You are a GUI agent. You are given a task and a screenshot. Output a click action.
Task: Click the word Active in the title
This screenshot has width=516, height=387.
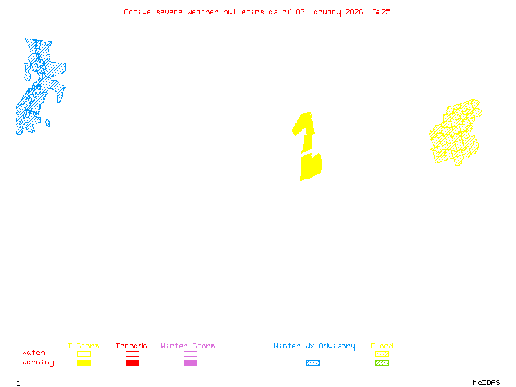(x=138, y=12)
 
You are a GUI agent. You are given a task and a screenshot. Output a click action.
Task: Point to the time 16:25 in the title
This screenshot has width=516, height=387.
(x=379, y=12)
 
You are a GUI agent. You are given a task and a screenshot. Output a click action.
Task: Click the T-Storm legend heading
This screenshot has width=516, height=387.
(x=83, y=346)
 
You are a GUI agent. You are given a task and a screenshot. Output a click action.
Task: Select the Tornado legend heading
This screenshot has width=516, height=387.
(x=132, y=346)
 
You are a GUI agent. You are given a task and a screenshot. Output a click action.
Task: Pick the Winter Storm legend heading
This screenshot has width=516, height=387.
(x=188, y=346)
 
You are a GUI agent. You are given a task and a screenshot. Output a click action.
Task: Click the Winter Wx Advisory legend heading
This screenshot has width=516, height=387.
(x=314, y=346)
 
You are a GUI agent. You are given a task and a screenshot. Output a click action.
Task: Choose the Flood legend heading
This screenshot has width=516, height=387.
(x=382, y=346)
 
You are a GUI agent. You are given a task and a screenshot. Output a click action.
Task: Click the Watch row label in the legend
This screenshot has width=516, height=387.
(x=34, y=353)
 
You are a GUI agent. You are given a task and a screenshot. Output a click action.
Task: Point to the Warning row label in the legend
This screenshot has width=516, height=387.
(x=38, y=362)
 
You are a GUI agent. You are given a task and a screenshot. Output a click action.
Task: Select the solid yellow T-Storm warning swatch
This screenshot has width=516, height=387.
(x=84, y=363)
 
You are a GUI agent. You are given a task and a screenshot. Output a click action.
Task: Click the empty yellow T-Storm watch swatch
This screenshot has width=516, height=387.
(x=84, y=353)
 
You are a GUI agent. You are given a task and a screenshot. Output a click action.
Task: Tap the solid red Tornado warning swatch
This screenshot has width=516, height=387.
(x=132, y=363)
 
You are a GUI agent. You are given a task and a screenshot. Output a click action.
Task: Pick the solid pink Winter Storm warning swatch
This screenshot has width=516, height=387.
(x=190, y=363)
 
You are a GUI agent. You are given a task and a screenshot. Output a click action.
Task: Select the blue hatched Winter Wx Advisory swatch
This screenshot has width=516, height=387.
(x=313, y=363)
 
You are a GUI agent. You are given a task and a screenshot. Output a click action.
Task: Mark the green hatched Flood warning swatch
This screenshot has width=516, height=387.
(x=382, y=363)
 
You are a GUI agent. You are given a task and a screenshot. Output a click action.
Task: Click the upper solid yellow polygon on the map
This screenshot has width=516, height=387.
(x=305, y=129)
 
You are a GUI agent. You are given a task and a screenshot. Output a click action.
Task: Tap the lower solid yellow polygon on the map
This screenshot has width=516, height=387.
(x=310, y=167)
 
